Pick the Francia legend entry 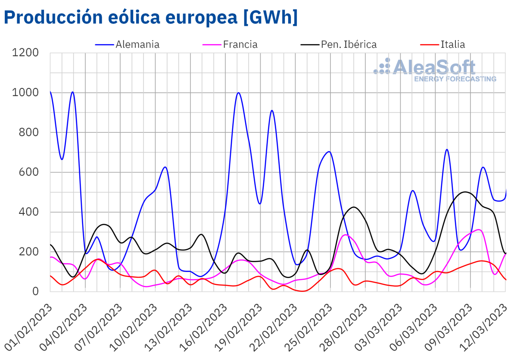coord(240,44)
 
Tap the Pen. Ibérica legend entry coord(349,44)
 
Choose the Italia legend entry coord(452,44)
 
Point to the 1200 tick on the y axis coord(26,53)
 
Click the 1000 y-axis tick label coord(26,93)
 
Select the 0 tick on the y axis coord(36,291)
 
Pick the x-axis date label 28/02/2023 coord(345,326)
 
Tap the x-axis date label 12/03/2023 coord(485,326)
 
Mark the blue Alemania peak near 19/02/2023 coord(238,93)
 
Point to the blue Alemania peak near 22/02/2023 coord(272,110)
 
